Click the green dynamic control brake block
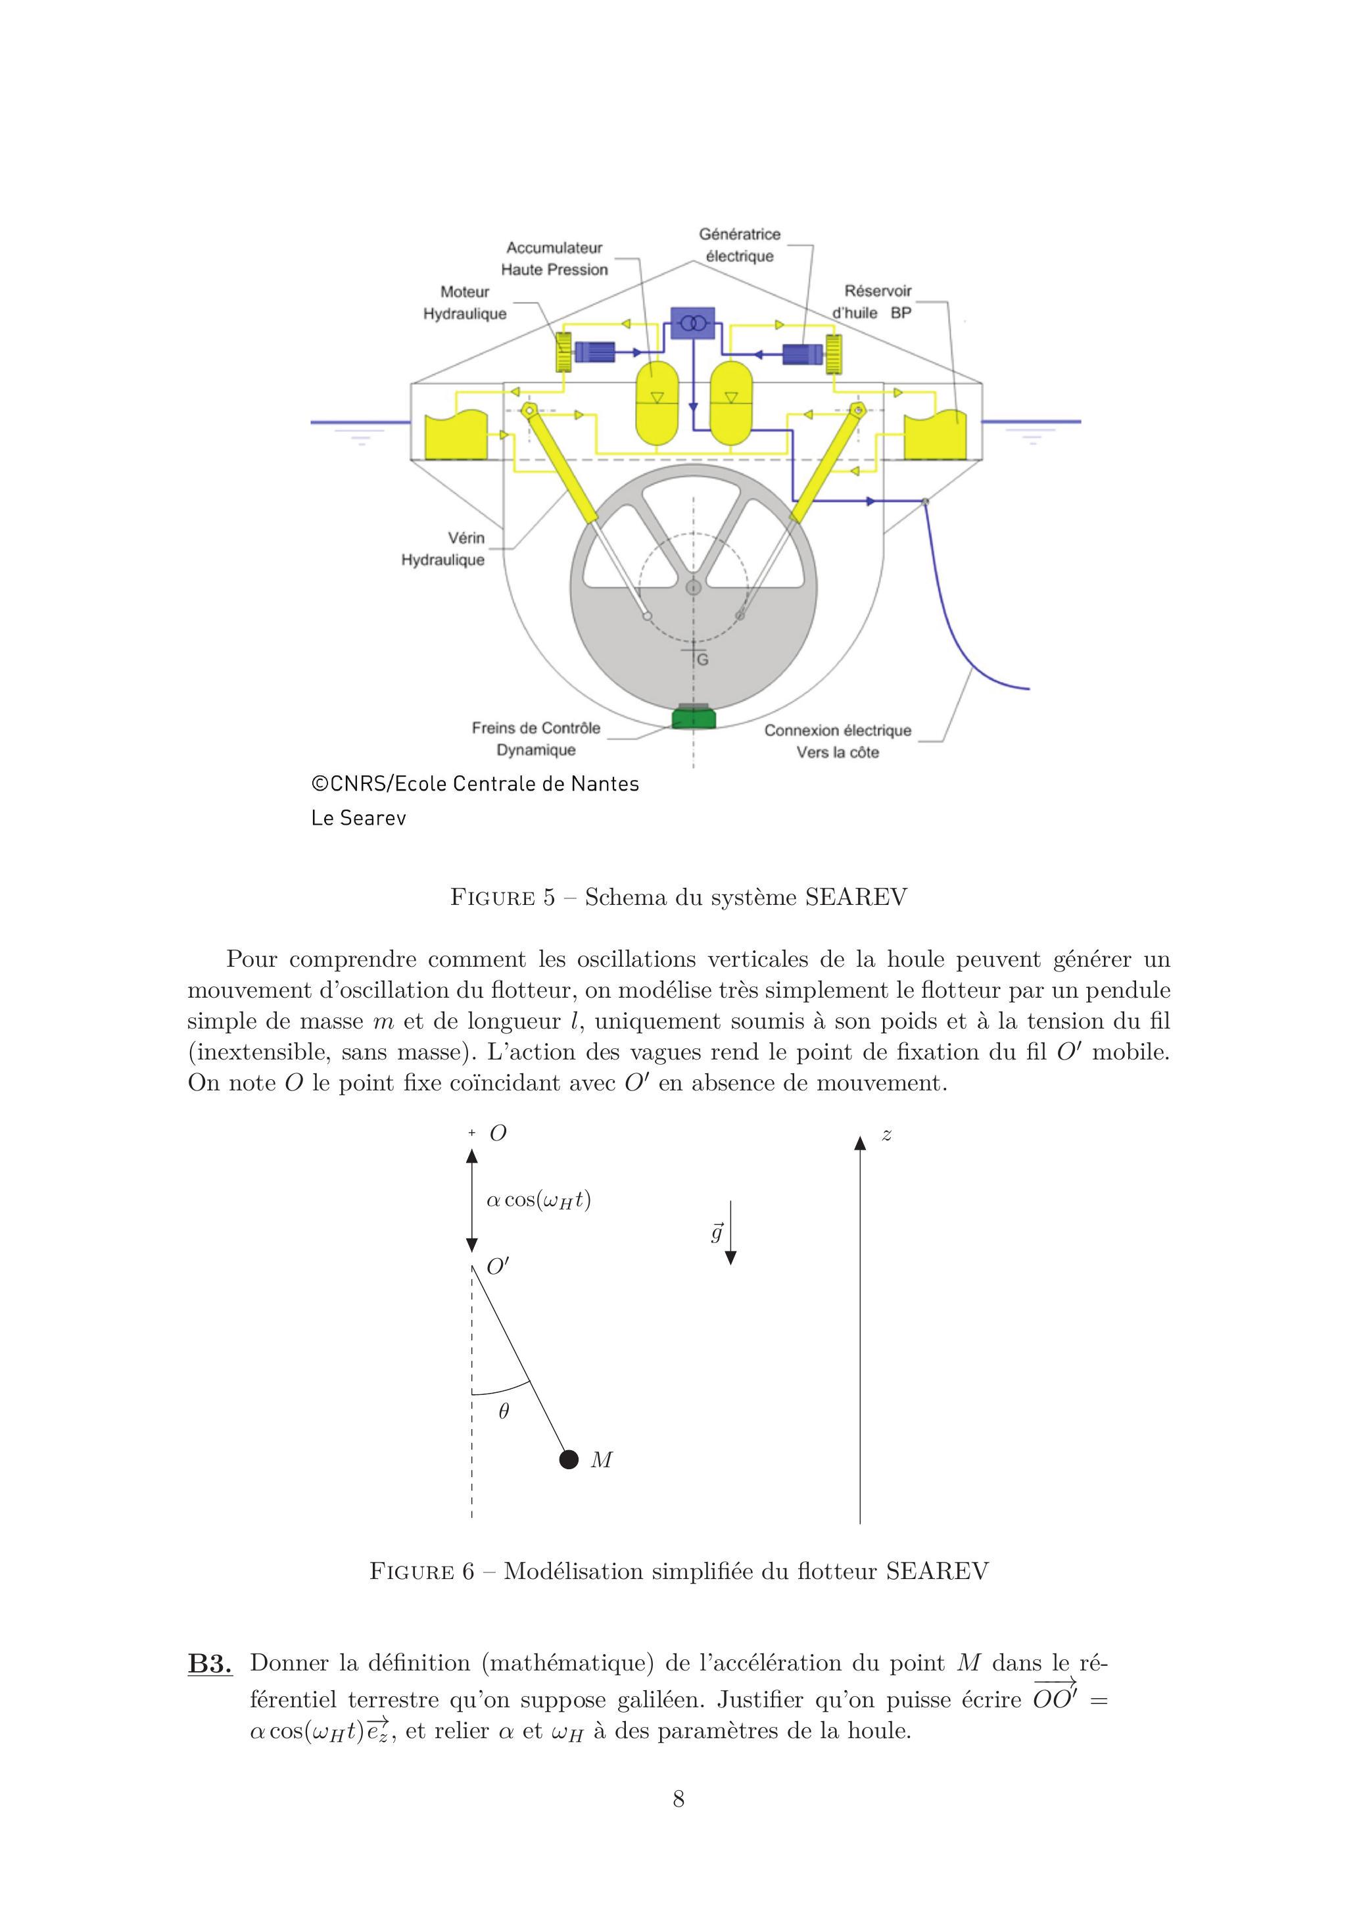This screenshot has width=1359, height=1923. (694, 717)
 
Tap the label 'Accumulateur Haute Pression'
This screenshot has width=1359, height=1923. (554, 259)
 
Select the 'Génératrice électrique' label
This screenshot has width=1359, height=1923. (740, 245)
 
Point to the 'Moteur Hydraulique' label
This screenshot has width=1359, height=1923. (465, 303)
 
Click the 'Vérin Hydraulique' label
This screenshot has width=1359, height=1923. (443, 548)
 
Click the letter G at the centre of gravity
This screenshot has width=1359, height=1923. (703, 660)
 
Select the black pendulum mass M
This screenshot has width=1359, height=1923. (569, 1459)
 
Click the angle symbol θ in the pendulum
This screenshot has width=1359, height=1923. (503, 1411)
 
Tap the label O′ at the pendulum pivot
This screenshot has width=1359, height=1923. (497, 1267)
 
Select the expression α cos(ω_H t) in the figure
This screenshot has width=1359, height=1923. (538, 1200)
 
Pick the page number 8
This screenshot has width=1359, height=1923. (679, 1798)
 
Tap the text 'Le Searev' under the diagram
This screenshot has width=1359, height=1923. (358, 818)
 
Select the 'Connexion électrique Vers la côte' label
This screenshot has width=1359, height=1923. (838, 741)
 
